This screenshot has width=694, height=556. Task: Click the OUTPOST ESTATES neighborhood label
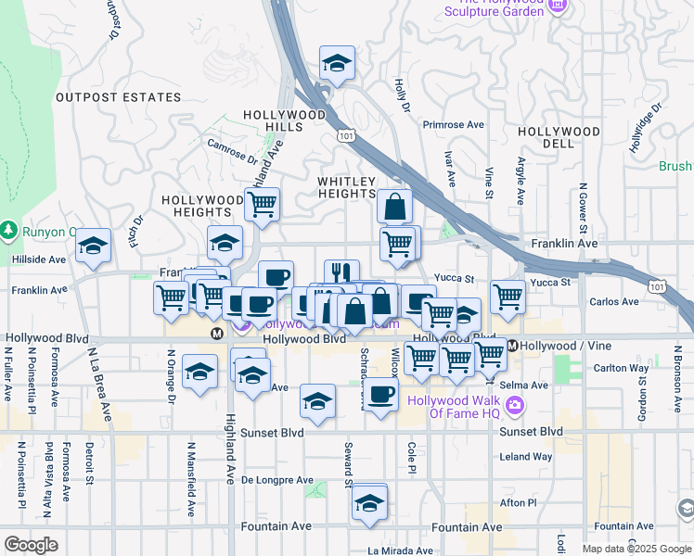click(x=118, y=97)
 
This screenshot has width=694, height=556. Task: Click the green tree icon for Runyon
click(x=9, y=228)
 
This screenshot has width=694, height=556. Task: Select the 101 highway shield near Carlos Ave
click(x=657, y=287)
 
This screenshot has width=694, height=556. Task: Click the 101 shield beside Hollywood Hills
click(x=346, y=136)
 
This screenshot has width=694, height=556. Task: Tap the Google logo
click(x=32, y=545)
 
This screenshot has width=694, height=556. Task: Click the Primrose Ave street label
click(x=454, y=124)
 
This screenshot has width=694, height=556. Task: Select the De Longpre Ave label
click(x=277, y=480)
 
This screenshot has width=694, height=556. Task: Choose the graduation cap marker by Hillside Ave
click(x=93, y=246)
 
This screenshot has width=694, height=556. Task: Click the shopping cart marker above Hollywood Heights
click(x=263, y=204)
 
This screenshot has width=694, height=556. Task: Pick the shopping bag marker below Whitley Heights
click(x=395, y=207)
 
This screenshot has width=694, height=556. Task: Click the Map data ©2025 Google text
click(x=636, y=549)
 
